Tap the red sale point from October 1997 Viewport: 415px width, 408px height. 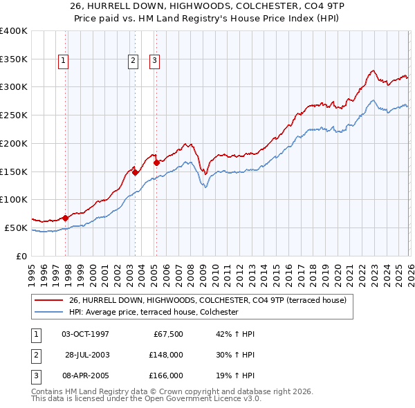click(x=65, y=218)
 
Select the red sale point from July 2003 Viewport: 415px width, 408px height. click(x=135, y=172)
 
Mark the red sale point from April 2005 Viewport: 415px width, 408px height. click(x=156, y=163)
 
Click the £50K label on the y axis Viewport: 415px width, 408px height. click(x=16, y=228)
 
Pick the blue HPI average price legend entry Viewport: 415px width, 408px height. click(x=153, y=313)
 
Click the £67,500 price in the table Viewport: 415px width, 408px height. click(x=167, y=334)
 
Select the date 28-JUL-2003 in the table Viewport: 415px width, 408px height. click(x=86, y=355)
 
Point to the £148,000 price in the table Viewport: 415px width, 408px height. click(x=166, y=355)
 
